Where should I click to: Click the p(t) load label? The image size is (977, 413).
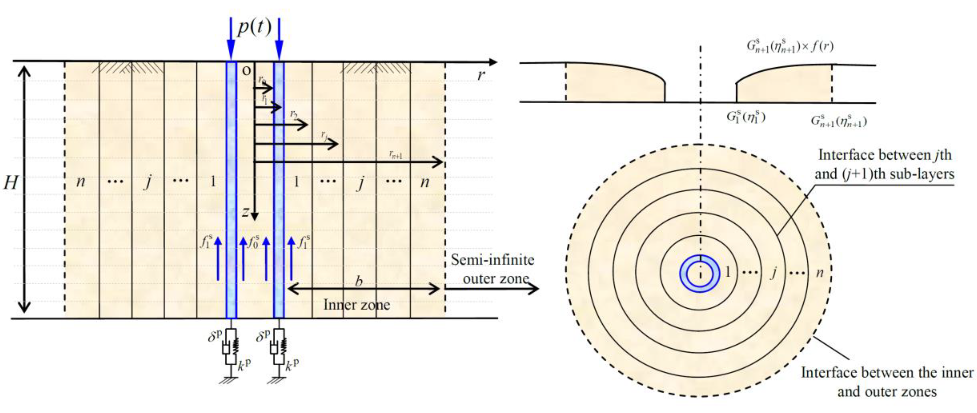point(254,27)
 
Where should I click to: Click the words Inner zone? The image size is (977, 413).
point(357,305)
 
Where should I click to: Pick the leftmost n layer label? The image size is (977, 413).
point(81,182)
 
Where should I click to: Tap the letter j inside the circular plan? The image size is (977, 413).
point(773,272)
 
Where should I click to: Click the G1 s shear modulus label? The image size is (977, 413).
point(746,117)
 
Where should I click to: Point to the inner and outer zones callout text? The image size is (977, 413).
point(887,382)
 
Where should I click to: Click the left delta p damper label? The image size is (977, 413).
point(215,336)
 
